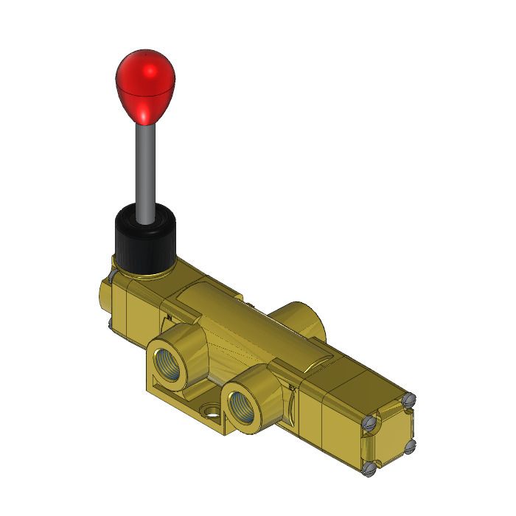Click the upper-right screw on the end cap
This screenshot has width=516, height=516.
tap(410, 399)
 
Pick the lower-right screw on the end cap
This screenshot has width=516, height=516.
tap(409, 444)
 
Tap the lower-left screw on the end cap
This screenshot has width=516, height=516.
tap(369, 466)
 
